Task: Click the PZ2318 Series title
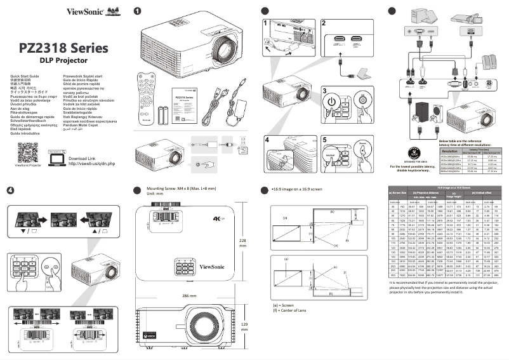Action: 63,48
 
